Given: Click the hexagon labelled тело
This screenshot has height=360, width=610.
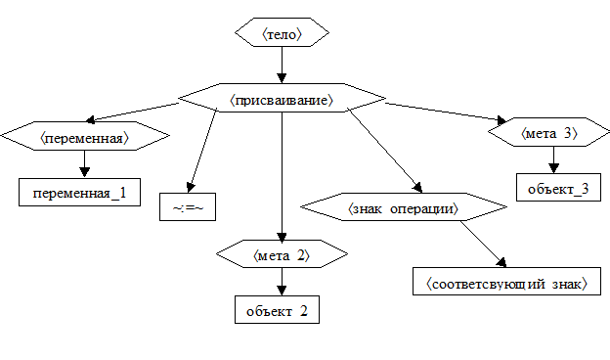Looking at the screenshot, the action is click(283, 32).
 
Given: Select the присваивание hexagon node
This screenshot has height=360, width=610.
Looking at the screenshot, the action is click(283, 98).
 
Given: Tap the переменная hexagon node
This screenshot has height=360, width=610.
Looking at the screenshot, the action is click(85, 136).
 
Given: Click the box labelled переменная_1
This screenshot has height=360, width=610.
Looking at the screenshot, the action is click(80, 193).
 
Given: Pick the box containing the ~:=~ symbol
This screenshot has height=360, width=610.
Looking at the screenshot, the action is click(188, 207).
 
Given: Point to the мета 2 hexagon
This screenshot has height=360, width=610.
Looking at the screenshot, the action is click(283, 253).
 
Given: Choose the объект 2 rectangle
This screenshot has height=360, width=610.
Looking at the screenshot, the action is click(277, 310).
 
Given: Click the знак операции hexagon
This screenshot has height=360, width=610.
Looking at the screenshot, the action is click(404, 207).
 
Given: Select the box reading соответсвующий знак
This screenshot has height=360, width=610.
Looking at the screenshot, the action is click(506, 282).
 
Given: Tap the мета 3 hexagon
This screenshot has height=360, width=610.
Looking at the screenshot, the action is click(549, 132).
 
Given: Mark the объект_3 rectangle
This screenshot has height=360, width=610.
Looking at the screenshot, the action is click(558, 188).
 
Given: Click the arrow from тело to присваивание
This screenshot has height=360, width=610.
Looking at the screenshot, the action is click(283, 65).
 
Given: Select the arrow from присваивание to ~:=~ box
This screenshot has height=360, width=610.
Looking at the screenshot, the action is click(202, 151).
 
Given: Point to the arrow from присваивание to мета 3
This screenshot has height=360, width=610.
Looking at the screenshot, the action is click(446, 112).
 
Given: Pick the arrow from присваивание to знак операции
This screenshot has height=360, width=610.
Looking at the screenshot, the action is click(385, 151).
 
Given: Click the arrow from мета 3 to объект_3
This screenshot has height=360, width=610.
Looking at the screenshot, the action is click(553, 160).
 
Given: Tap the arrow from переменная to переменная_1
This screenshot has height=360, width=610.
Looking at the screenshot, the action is click(84, 164).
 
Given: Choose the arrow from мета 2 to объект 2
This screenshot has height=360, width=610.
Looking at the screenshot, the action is click(283, 282).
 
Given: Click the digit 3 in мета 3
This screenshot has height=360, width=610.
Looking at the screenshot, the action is click(568, 133).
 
